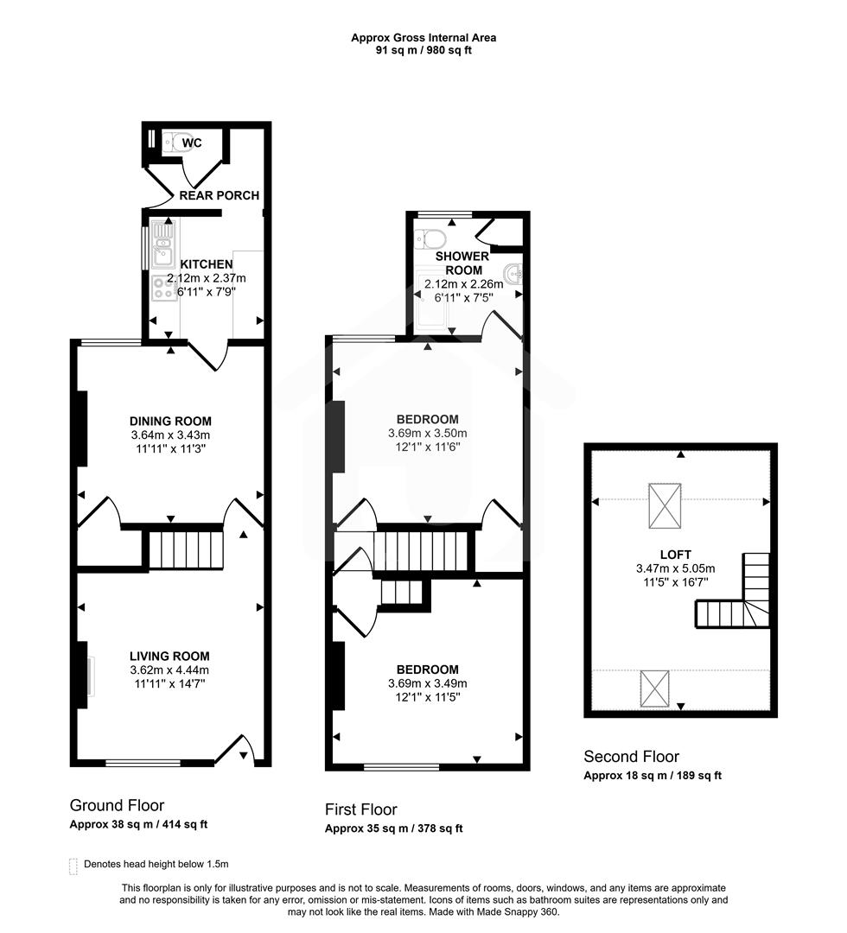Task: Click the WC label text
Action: pyautogui.click(x=192, y=143)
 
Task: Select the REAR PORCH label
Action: pyautogui.click(x=219, y=195)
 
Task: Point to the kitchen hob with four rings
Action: pyautogui.click(x=162, y=288)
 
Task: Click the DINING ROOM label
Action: pyautogui.click(x=164, y=422)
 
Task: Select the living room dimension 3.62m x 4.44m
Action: pyautogui.click(x=169, y=670)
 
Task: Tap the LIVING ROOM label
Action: pyautogui.click(x=169, y=656)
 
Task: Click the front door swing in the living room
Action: pyautogui.click(x=235, y=749)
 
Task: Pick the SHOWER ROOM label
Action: pyautogui.click(x=462, y=263)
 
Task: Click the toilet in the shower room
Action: pyautogui.click(x=430, y=238)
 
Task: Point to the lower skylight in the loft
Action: pyautogui.click(x=654, y=687)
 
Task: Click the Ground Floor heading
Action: pyautogui.click(x=117, y=805)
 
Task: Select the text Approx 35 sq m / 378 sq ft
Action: pyautogui.click(x=393, y=828)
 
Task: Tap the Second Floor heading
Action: pyautogui.click(x=631, y=757)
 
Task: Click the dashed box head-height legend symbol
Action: pyautogui.click(x=73, y=865)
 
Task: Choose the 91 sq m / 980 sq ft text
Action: pyautogui.click(x=423, y=50)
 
